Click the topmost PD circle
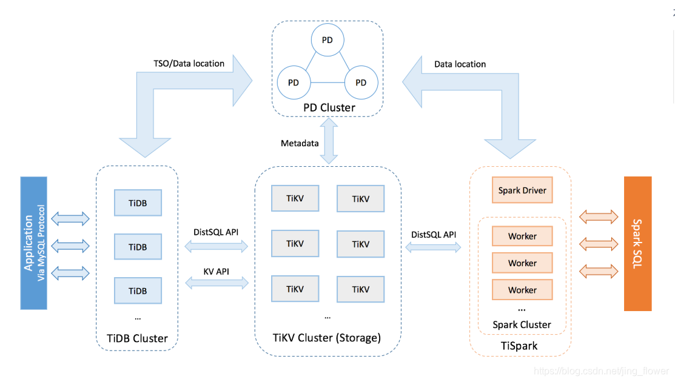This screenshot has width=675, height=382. [327, 40]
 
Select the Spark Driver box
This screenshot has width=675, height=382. [522, 190]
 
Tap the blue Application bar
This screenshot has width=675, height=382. [33, 243]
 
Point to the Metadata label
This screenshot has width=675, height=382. [300, 144]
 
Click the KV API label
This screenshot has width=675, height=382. [216, 270]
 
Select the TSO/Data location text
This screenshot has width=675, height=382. [189, 64]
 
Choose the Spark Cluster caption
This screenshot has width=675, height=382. [522, 324]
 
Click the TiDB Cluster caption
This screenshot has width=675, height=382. [138, 338]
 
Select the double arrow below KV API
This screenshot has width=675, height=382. [216, 282]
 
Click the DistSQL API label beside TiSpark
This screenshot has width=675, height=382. [434, 235]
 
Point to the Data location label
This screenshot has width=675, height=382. [460, 64]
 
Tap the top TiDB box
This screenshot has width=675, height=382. [138, 203]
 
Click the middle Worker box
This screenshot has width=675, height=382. [522, 263]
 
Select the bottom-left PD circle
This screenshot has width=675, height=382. [294, 82]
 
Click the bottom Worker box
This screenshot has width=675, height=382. [522, 290]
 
